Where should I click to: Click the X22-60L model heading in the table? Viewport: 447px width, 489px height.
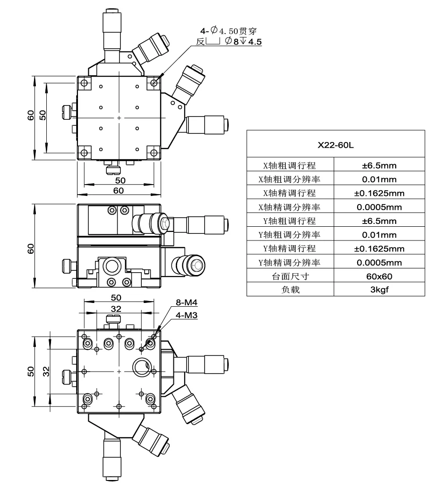pos(335,145)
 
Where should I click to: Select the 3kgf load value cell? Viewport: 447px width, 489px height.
pos(379,290)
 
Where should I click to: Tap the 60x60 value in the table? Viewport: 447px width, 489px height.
pos(379,276)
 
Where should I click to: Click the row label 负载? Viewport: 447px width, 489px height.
pos(290,290)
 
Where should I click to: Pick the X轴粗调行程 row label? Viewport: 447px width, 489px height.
pos(290,165)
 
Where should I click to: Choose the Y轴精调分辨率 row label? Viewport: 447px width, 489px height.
pos(290,262)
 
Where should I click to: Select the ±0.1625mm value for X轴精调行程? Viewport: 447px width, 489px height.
pos(379,193)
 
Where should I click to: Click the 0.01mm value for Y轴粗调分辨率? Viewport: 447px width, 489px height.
pos(379,235)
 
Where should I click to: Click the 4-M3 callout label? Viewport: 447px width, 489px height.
pos(184,314)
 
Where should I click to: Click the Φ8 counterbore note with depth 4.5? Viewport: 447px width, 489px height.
pos(241,42)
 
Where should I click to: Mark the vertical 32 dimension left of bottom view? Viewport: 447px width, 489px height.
pos(46,371)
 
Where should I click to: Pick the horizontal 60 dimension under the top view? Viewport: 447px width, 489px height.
pos(118,190)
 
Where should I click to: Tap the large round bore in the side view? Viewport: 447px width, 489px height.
pos(113,267)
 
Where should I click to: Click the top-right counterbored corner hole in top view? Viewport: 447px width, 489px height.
pos(153,83)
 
